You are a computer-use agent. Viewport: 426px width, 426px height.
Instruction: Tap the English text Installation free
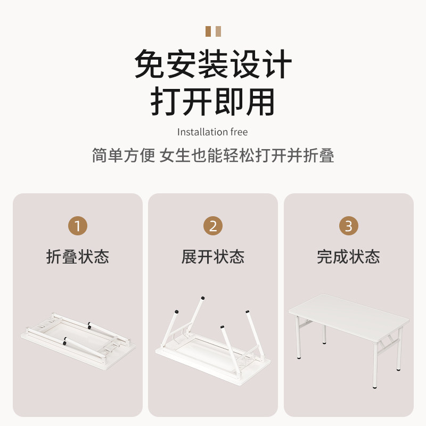click(x=212, y=132)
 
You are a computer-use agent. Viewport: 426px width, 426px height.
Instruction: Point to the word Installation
click(x=203, y=132)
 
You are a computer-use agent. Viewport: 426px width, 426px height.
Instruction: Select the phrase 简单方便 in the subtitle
click(x=123, y=155)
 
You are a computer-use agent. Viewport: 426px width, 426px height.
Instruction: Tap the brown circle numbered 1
click(x=78, y=226)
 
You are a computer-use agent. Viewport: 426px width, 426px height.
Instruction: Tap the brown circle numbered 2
click(x=213, y=226)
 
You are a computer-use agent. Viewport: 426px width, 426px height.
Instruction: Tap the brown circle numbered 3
click(x=348, y=226)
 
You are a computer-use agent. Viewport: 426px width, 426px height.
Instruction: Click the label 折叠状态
click(x=78, y=257)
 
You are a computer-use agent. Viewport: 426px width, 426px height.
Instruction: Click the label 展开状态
click(x=213, y=257)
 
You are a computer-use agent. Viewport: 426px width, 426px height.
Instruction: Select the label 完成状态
click(x=348, y=257)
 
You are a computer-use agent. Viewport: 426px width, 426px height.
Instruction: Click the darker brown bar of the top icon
click(x=208, y=31)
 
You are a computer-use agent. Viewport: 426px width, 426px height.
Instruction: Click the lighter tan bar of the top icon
click(x=217, y=31)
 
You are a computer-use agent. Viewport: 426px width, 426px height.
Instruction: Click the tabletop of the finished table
click(x=349, y=314)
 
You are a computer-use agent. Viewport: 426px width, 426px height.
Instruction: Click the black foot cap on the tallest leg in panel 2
click(x=202, y=298)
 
